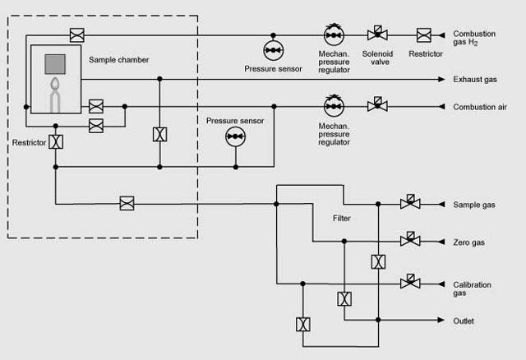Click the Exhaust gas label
coord(475,79)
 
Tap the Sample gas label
coord(474,204)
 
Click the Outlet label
coord(464,321)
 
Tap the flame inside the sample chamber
coord(55,85)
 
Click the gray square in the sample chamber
coord(55,63)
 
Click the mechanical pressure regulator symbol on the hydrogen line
coord(335,35)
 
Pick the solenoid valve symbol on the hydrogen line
coord(379,35)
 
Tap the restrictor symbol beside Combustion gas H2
coord(424,35)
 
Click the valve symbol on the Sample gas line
coord(407,203)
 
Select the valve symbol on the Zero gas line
coord(407,241)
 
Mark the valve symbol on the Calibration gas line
coord(407,282)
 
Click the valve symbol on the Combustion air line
coord(379,106)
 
